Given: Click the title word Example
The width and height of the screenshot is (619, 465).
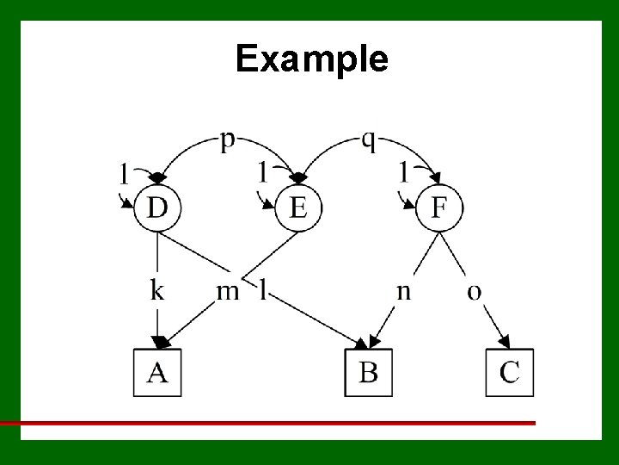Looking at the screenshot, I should coord(311,59).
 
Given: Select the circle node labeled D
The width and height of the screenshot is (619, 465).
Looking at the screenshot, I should coord(157,208).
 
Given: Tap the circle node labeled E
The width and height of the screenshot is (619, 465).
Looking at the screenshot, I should coord(297,208).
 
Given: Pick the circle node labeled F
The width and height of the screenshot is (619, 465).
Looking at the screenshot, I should coord(438,208).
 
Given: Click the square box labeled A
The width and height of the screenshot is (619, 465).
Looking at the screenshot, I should coord(157,372).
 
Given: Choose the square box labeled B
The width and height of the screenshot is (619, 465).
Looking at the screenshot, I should coord(368,372).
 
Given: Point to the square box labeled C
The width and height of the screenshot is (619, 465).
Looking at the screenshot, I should coord(509,372).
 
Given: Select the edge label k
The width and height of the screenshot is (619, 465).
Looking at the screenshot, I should coord(157,289).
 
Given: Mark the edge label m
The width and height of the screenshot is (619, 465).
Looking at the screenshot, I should coord(227,291).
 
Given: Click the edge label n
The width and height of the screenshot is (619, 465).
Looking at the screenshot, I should coord(403,291).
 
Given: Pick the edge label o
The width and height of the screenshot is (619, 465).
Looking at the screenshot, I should coord(474,291).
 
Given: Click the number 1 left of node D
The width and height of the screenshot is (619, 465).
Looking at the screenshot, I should coord(125,174).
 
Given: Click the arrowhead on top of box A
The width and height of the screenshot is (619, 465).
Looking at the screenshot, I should coord(160,343).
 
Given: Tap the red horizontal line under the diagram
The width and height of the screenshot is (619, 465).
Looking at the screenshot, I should coord(267,423).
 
